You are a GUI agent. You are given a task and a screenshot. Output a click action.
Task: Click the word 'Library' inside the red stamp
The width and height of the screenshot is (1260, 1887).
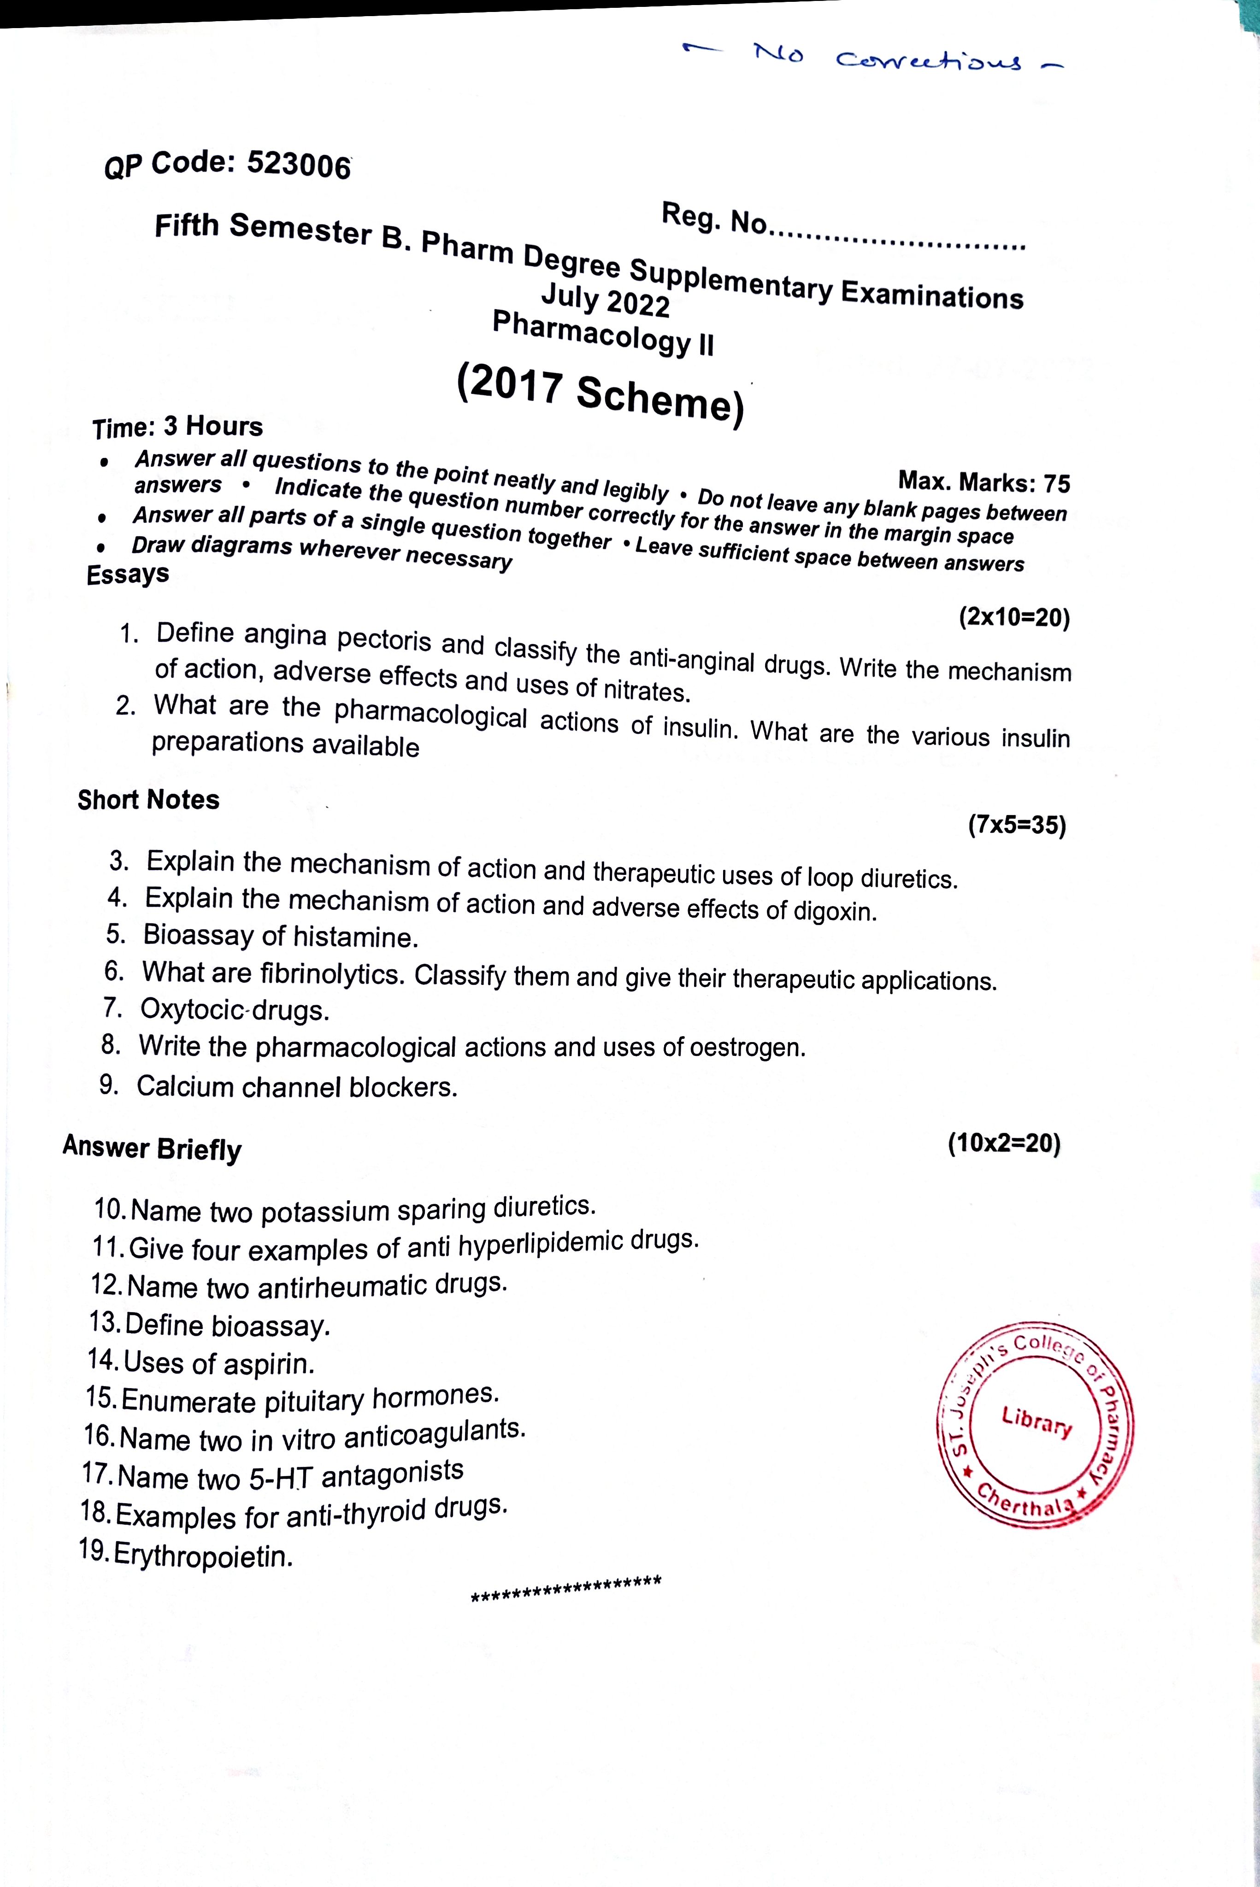pos(1036,1421)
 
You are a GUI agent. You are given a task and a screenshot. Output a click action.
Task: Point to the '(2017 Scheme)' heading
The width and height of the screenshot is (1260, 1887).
pos(601,393)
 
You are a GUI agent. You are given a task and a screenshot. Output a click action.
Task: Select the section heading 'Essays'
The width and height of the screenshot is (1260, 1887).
pos(129,574)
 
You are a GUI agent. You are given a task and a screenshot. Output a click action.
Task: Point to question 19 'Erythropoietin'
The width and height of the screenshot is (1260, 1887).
pos(203,1556)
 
